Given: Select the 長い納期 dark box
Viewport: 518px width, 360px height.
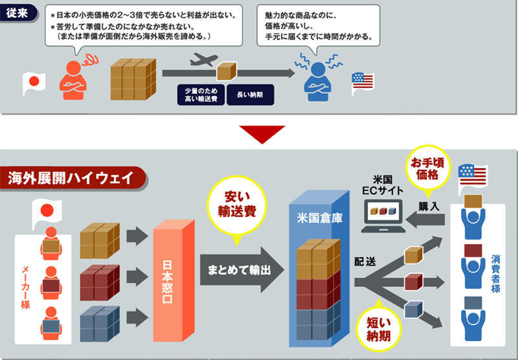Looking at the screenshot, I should [x=249, y=95].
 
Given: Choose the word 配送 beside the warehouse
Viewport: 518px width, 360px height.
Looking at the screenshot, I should [x=365, y=263].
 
